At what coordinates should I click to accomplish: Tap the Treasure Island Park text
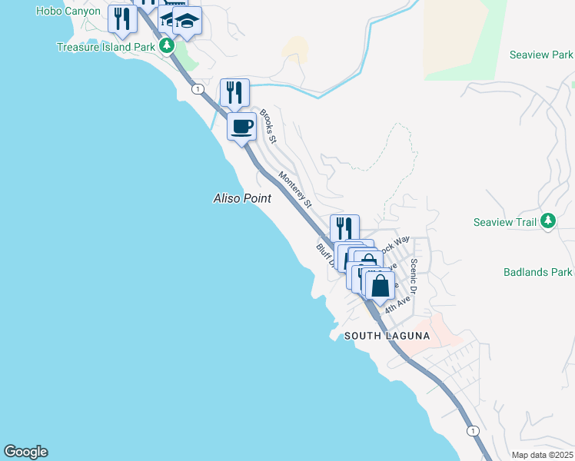[106, 47]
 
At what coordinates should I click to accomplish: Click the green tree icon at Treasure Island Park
[167, 46]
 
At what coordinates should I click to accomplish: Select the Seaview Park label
[541, 55]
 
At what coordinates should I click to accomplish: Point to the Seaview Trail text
[504, 222]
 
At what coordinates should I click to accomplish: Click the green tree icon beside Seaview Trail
[547, 221]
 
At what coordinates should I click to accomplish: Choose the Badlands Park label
[538, 272]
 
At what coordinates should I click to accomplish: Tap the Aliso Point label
[241, 198]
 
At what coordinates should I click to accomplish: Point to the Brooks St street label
[268, 126]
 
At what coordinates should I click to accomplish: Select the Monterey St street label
[295, 190]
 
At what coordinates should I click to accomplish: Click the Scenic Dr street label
[414, 276]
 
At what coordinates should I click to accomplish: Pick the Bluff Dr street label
[326, 255]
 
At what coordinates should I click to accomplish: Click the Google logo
[25, 452]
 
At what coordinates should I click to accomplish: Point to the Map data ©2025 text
[541, 455]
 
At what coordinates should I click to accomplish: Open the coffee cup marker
[241, 125]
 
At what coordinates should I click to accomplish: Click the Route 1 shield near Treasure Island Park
[198, 89]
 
